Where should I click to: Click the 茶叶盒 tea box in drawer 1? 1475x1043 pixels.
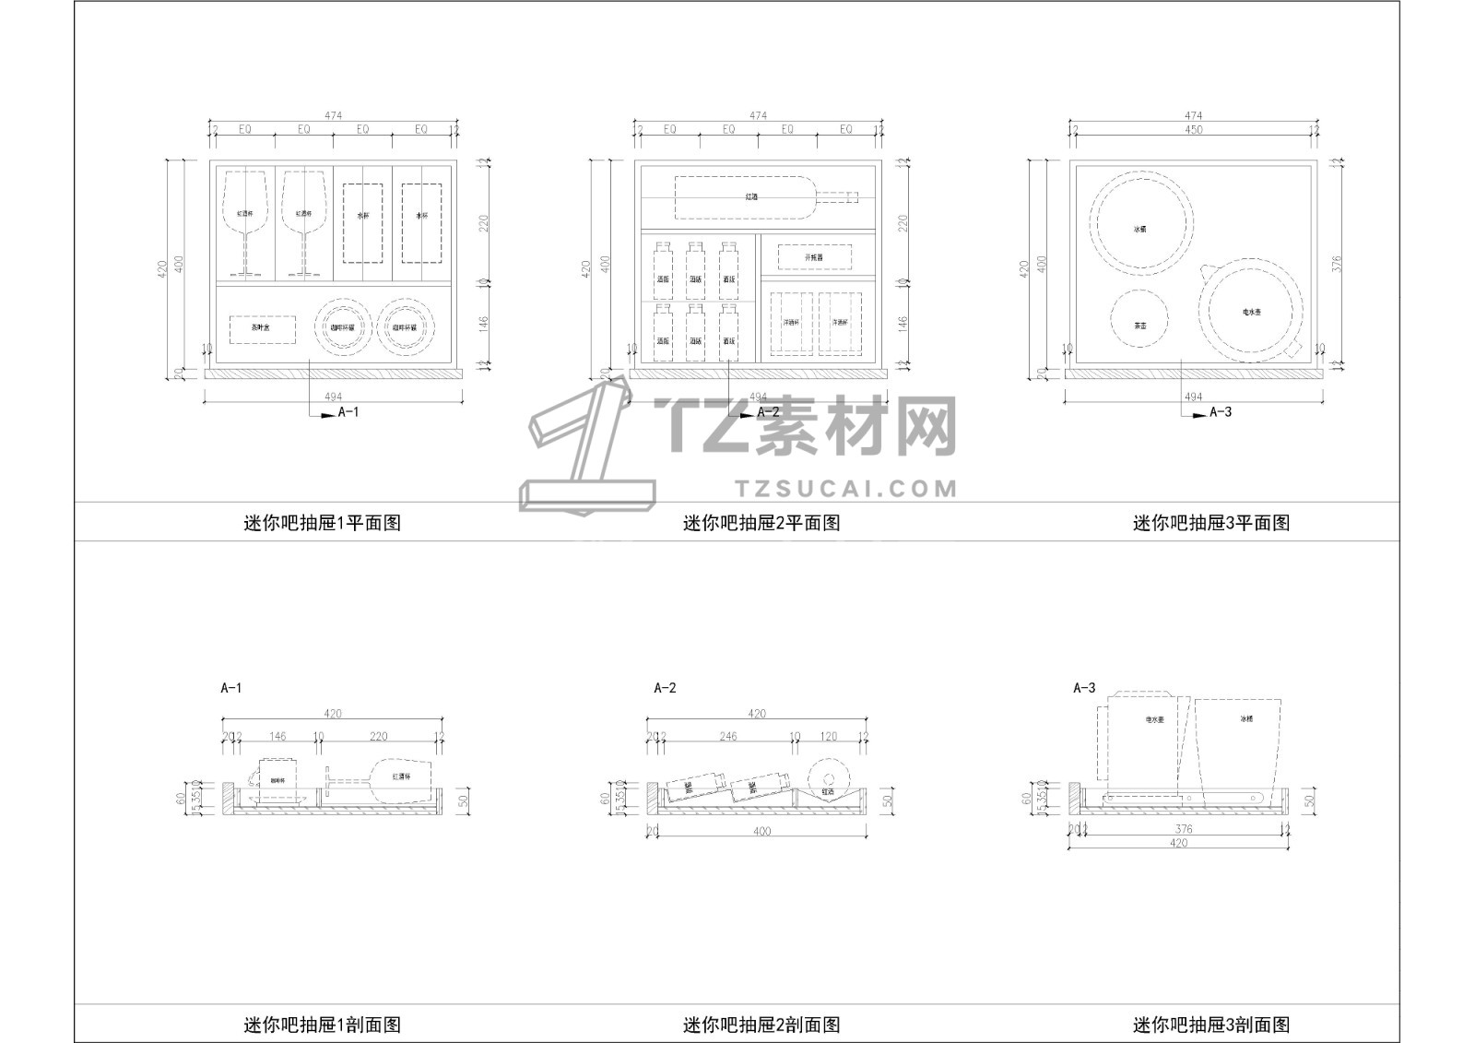pyautogui.click(x=262, y=329)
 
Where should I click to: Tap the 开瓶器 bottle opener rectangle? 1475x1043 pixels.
pyautogui.click(x=813, y=257)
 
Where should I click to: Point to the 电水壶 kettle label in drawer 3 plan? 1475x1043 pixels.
pyautogui.click(x=1251, y=314)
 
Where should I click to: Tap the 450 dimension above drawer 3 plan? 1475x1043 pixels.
pyautogui.click(x=1193, y=130)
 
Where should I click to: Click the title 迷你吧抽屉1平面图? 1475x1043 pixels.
pyautogui.click(x=323, y=523)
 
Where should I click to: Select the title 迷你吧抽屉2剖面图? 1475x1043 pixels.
pyautogui.click(x=761, y=1024)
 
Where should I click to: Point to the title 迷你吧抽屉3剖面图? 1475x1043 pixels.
pyautogui.click(x=1211, y=1024)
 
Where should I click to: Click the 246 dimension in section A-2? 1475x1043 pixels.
pyautogui.click(x=728, y=737)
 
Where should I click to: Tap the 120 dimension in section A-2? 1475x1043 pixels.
pyautogui.click(x=829, y=737)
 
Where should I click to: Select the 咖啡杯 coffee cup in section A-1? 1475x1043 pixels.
pyautogui.click(x=277, y=781)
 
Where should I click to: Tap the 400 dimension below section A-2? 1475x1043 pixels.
pyautogui.click(x=761, y=832)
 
